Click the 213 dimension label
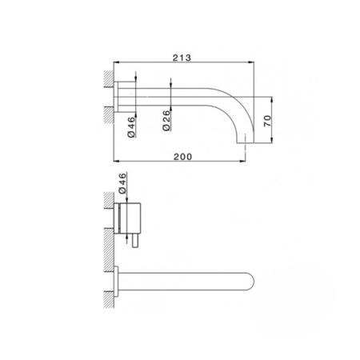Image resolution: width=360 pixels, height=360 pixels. [x=182, y=58]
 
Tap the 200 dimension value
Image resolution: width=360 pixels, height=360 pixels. [x=183, y=157]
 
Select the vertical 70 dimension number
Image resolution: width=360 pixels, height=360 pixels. [x=268, y=121]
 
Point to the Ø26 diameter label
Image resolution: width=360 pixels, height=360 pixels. [x=166, y=121]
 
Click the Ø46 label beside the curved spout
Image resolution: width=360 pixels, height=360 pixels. [x=131, y=127]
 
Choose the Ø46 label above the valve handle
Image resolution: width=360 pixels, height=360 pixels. [x=122, y=183]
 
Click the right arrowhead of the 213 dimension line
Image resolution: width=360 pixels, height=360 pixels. [x=251, y=62]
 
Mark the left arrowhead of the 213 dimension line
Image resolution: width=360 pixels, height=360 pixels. [x=117, y=62]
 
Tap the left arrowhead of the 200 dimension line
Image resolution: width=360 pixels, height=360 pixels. [x=117, y=161]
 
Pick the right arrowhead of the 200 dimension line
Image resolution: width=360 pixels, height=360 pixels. [x=242, y=161]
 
